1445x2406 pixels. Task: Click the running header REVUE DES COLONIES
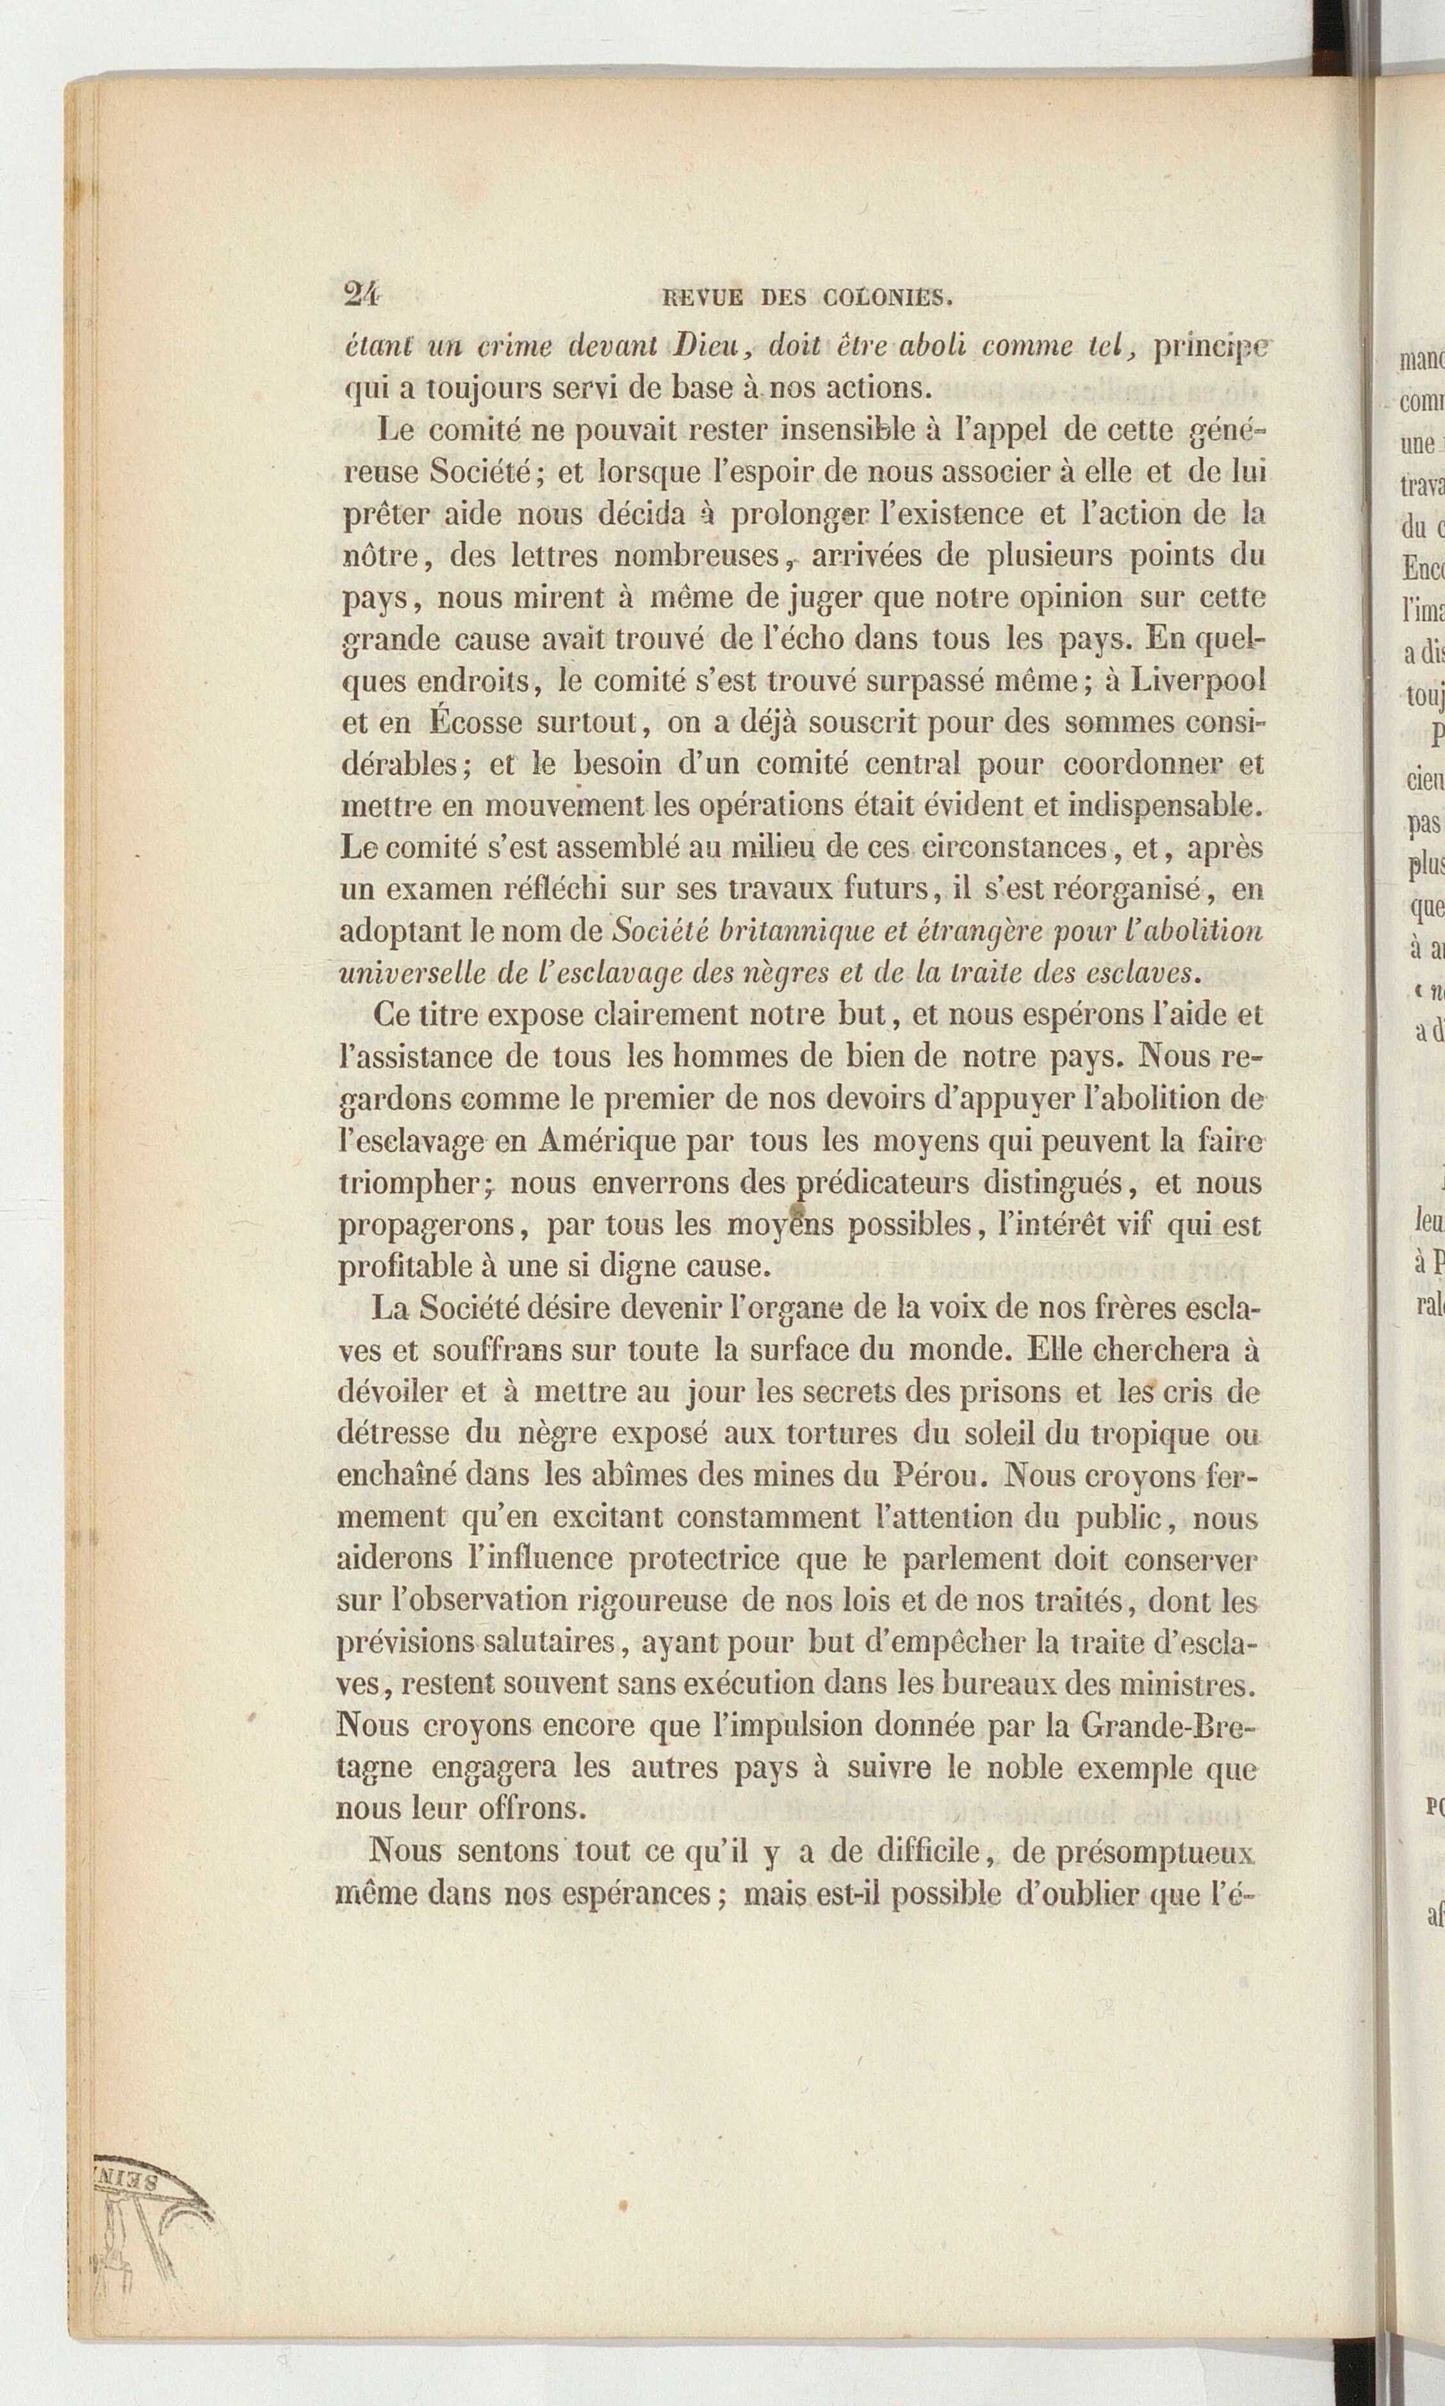pyautogui.click(x=804, y=297)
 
